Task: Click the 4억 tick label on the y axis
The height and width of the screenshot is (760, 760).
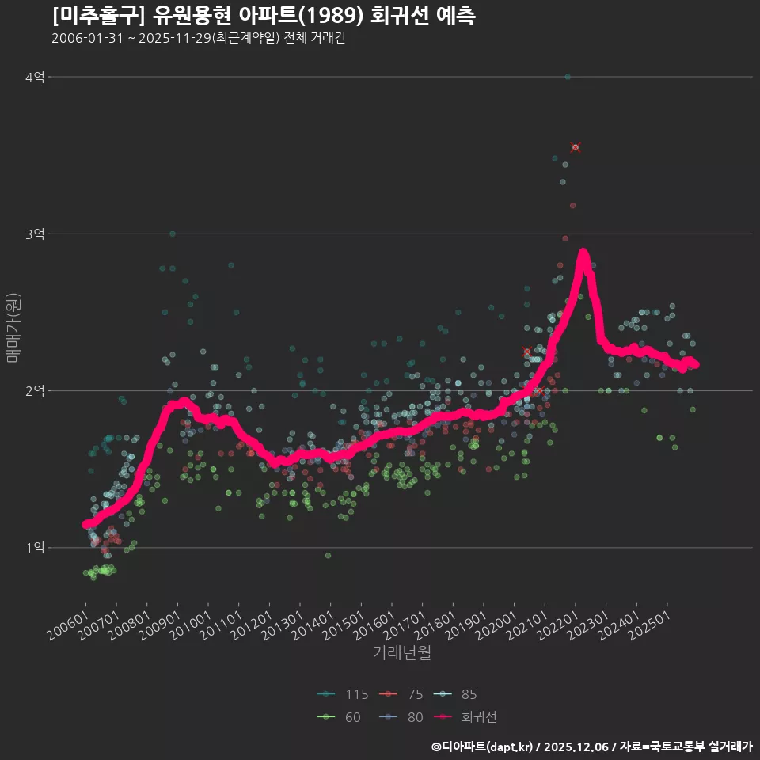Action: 35,77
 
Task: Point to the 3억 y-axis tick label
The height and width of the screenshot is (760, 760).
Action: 35,234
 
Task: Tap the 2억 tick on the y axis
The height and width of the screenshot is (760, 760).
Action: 35,390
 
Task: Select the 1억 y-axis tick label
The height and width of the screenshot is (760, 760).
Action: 35,547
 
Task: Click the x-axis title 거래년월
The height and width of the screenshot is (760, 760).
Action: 401,653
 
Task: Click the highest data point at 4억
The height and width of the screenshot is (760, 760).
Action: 568,77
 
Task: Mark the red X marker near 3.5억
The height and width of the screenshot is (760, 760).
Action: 576,147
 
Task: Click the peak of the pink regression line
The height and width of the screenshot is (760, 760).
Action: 583,253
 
